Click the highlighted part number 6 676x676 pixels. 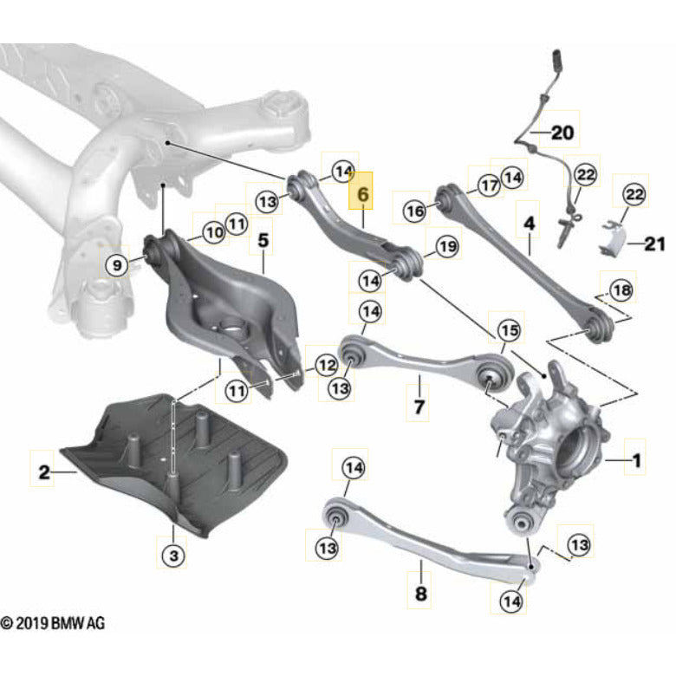tap(362, 197)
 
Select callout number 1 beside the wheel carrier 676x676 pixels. tap(637, 462)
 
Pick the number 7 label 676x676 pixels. tap(418, 406)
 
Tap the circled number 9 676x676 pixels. tap(117, 263)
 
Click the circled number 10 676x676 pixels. tap(213, 231)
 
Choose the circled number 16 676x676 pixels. tap(416, 211)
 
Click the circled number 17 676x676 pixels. tap(489, 185)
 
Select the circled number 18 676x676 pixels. tap(621, 289)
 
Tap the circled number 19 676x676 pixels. tap(445, 248)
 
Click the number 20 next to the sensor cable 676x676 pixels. tap(562, 133)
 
